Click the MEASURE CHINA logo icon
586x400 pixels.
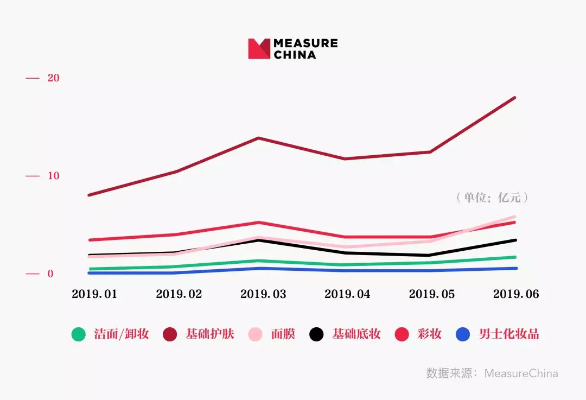(x=259, y=49)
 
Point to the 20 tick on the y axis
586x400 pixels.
(x=53, y=78)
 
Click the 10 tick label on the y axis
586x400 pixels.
(x=53, y=176)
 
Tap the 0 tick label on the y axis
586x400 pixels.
(x=50, y=274)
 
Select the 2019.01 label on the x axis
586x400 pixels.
(x=94, y=294)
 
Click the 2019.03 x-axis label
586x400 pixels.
(x=263, y=294)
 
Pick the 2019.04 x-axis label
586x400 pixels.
(x=347, y=294)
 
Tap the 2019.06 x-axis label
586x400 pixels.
(x=516, y=294)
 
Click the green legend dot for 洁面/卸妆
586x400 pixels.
(x=79, y=334)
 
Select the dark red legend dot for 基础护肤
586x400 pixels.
(x=170, y=334)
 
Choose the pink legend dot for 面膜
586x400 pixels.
(x=255, y=334)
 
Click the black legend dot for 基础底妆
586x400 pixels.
(x=316, y=334)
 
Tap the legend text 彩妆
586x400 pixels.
(x=429, y=334)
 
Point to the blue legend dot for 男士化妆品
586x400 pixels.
(x=463, y=334)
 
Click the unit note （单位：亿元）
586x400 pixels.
(x=492, y=198)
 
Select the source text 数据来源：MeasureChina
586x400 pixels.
(x=492, y=373)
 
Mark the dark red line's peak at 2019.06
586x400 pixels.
(x=514, y=98)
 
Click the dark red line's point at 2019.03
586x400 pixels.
(x=258, y=138)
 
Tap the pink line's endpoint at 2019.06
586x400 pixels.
(x=514, y=217)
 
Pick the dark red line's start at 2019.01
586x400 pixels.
(x=89, y=195)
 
